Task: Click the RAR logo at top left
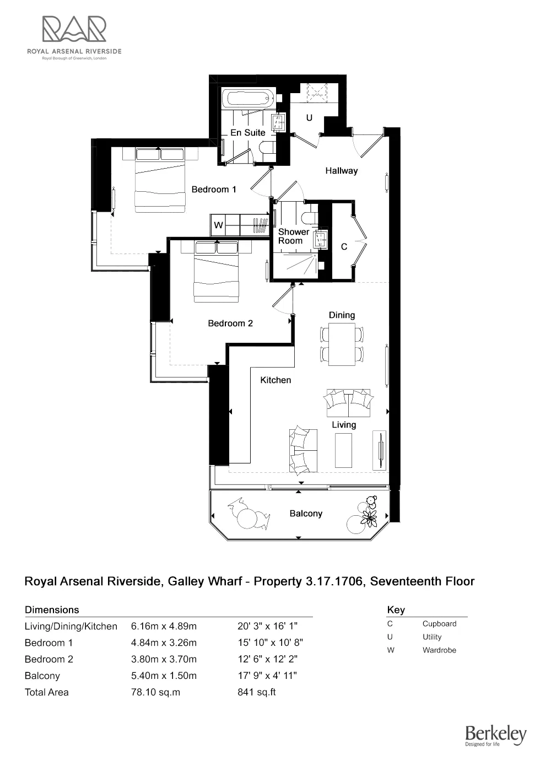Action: [x=74, y=30]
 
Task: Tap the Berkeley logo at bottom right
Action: [x=495, y=735]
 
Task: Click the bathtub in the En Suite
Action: [x=248, y=99]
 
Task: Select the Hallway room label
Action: [x=341, y=171]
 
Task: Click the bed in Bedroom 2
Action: [x=216, y=271]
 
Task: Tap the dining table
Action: [x=342, y=344]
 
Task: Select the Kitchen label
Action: [x=275, y=380]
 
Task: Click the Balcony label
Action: [x=306, y=514]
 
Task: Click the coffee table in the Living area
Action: [x=343, y=450]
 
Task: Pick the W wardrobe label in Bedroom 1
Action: [x=219, y=225]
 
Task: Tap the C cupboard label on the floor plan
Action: [x=344, y=247]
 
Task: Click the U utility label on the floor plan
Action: [x=309, y=118]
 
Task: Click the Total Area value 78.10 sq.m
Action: [x=155, y=692]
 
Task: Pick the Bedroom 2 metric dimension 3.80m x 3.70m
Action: [x=164, y=659]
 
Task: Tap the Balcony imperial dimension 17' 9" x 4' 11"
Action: [x=267, y=676]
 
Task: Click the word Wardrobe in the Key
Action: [x=439, y=650]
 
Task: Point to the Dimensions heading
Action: [x=52, y=610]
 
